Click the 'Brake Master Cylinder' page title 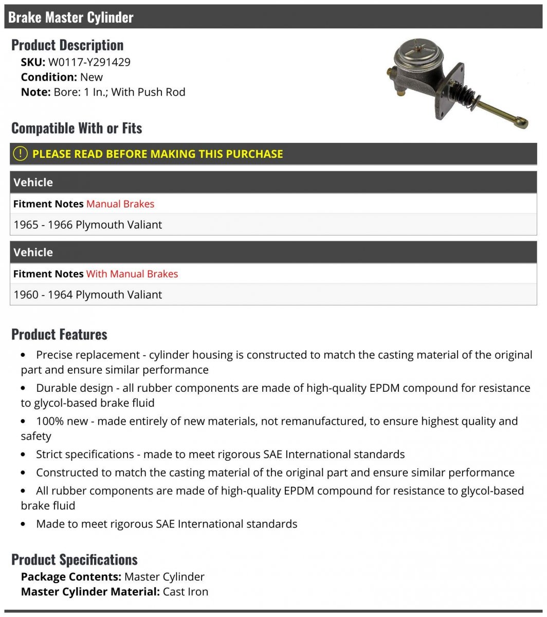(71, 17)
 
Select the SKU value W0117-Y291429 (89, 62)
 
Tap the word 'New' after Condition (92, 77)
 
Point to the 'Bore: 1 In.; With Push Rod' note (119, 92)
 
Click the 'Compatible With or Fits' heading (77, 128)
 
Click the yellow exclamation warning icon (20, 153)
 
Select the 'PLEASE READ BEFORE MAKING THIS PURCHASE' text (157, 154)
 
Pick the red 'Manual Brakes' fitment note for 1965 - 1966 (120, 204)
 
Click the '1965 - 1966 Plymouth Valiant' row (88, 225)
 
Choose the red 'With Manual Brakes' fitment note (132, 274)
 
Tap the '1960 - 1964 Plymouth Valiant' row (88, 295)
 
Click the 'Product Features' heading (59, 335)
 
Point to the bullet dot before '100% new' (24, 422)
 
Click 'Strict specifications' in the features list (85, 455)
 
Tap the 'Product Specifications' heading (75, 560)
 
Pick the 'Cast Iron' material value (186, 592)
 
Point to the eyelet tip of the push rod (522, 123)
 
